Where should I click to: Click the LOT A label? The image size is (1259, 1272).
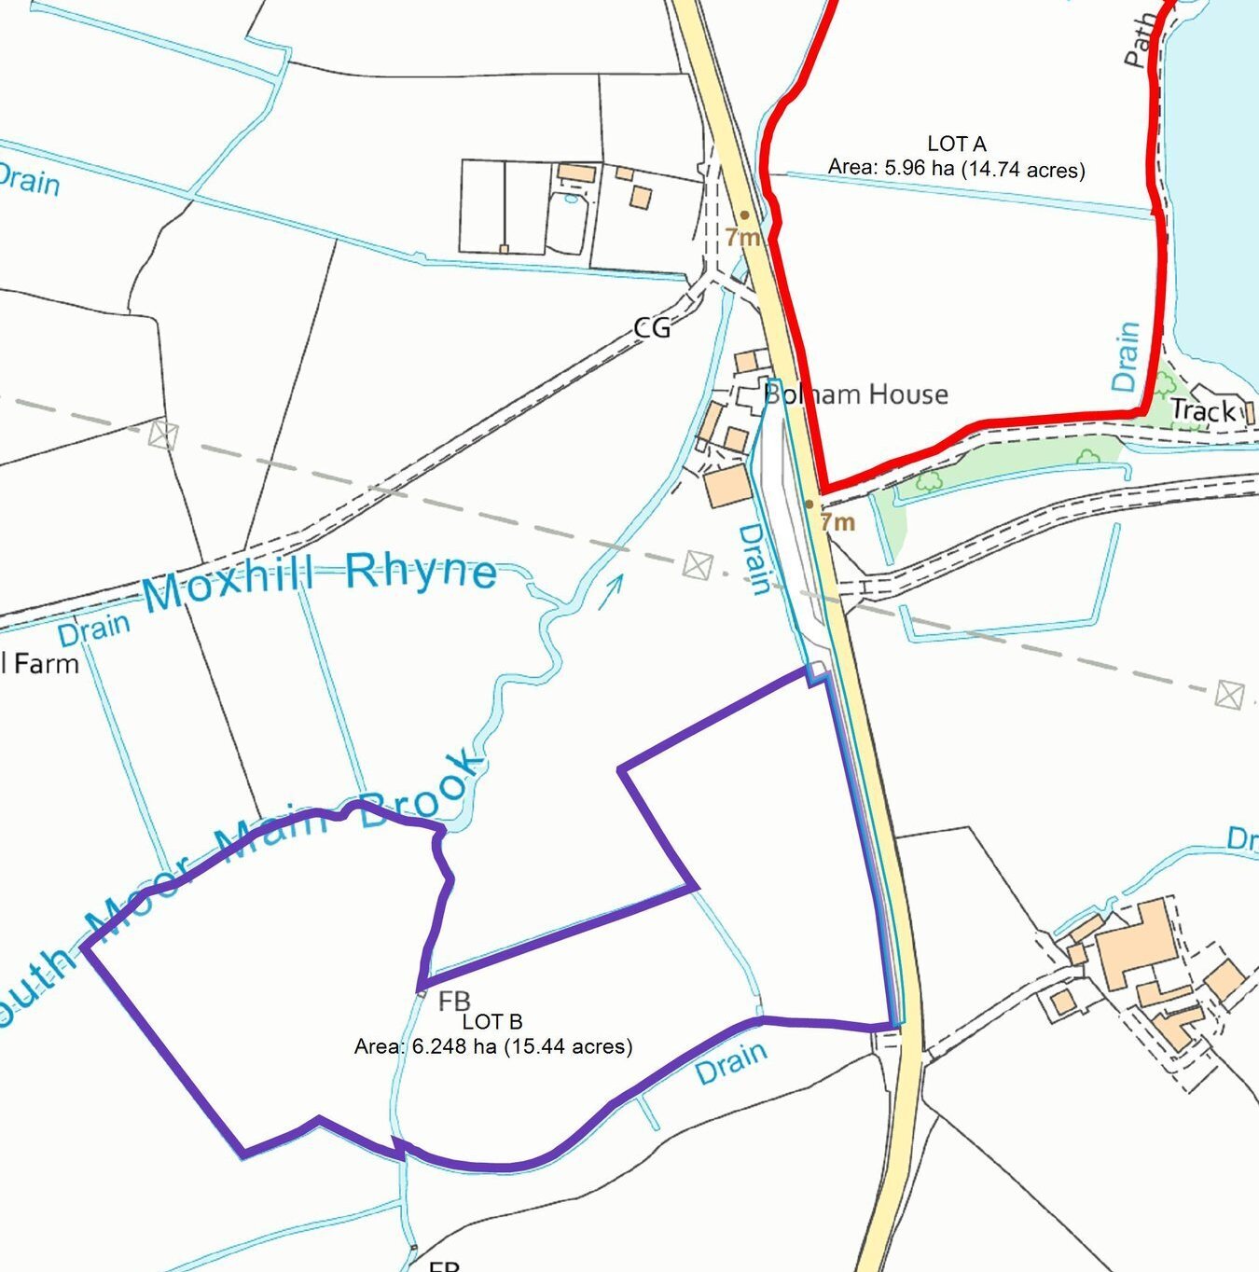[x=956, y=144]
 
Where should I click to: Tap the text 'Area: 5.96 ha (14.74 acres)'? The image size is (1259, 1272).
[x=956, y=169]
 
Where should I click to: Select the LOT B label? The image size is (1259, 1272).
[x=492, y=1022]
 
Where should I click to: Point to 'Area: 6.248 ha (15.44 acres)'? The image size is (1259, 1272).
[x=492, y=1046]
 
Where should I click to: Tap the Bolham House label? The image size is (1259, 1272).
[x=856, y=394]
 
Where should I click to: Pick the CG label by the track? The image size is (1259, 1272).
[x=651, y=327]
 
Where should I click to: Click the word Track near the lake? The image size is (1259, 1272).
[x=1202, y=410]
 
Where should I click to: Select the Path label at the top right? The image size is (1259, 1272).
[x=1138, y=43]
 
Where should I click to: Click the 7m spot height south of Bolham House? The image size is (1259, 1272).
[x=837, y=521]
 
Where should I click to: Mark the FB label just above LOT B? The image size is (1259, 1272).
[x=454, y=1002]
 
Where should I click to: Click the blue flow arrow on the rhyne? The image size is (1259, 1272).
[x=610, y=591]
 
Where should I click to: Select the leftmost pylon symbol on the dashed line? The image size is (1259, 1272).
[x=162, y=435]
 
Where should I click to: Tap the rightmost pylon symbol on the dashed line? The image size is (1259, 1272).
[x=1229, y=695]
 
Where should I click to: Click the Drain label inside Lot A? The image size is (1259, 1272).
[x=1126, y=357]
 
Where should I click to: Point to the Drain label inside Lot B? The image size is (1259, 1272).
[x=732, y=1063]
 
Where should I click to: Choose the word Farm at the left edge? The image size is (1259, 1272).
[x=47, y=664]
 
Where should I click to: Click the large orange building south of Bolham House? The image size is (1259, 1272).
[x=727, y=486]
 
